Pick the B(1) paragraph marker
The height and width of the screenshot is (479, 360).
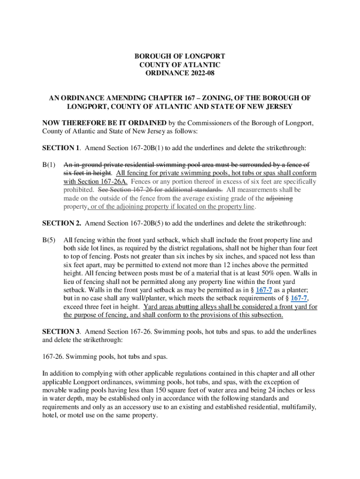(x=49, y=165)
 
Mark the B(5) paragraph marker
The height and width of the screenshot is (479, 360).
(x=49, y=240)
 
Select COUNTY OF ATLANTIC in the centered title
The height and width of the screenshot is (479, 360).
(x=180, y=65)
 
